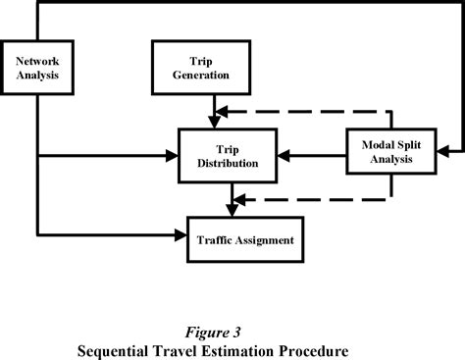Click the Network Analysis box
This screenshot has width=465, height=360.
click(x=37, y=68)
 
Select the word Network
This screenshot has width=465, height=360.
click(x=37, y=60)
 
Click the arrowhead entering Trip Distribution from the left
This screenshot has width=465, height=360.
click(x=174, y=155)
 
